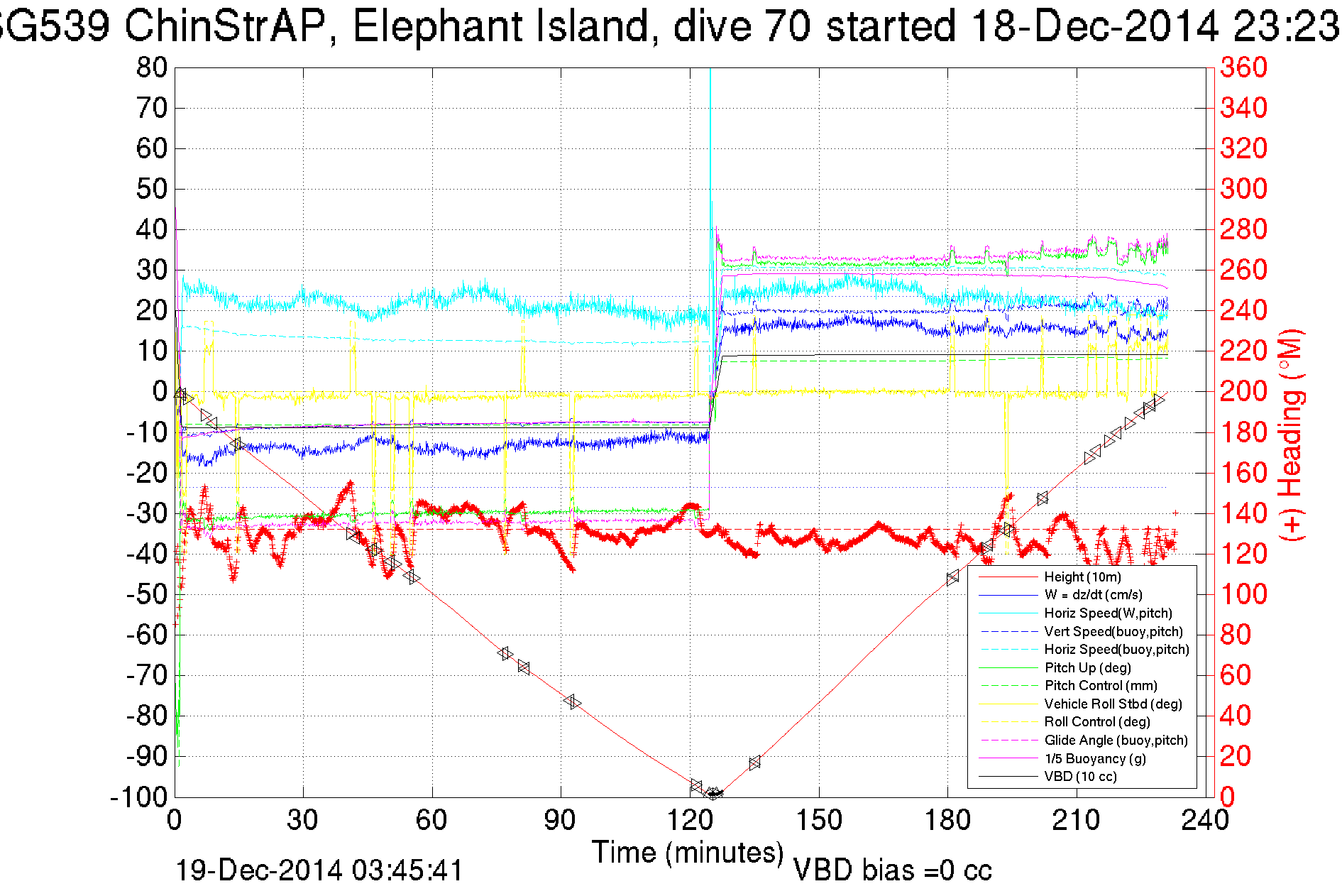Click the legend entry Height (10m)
coord(1082,577)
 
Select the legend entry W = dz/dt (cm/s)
coord(1093,595)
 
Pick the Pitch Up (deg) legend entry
coord(1087,667)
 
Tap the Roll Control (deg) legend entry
coord(1097,722)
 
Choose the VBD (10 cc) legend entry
coord(1080,777)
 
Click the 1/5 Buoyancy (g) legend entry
coord(1095,759)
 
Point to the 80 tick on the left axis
coord(152,68)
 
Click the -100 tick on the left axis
coord(139,797)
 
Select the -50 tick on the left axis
coord(146,594)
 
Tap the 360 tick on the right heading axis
coord(1243,68)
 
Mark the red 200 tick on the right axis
coord(1243,391)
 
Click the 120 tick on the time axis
coord(690,821)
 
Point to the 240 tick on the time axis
coord(1205,821)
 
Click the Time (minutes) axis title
coord(688,853)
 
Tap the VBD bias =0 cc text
coord(892,870)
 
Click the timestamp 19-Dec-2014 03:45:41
coord(319,870)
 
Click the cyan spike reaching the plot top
coord(710,78)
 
